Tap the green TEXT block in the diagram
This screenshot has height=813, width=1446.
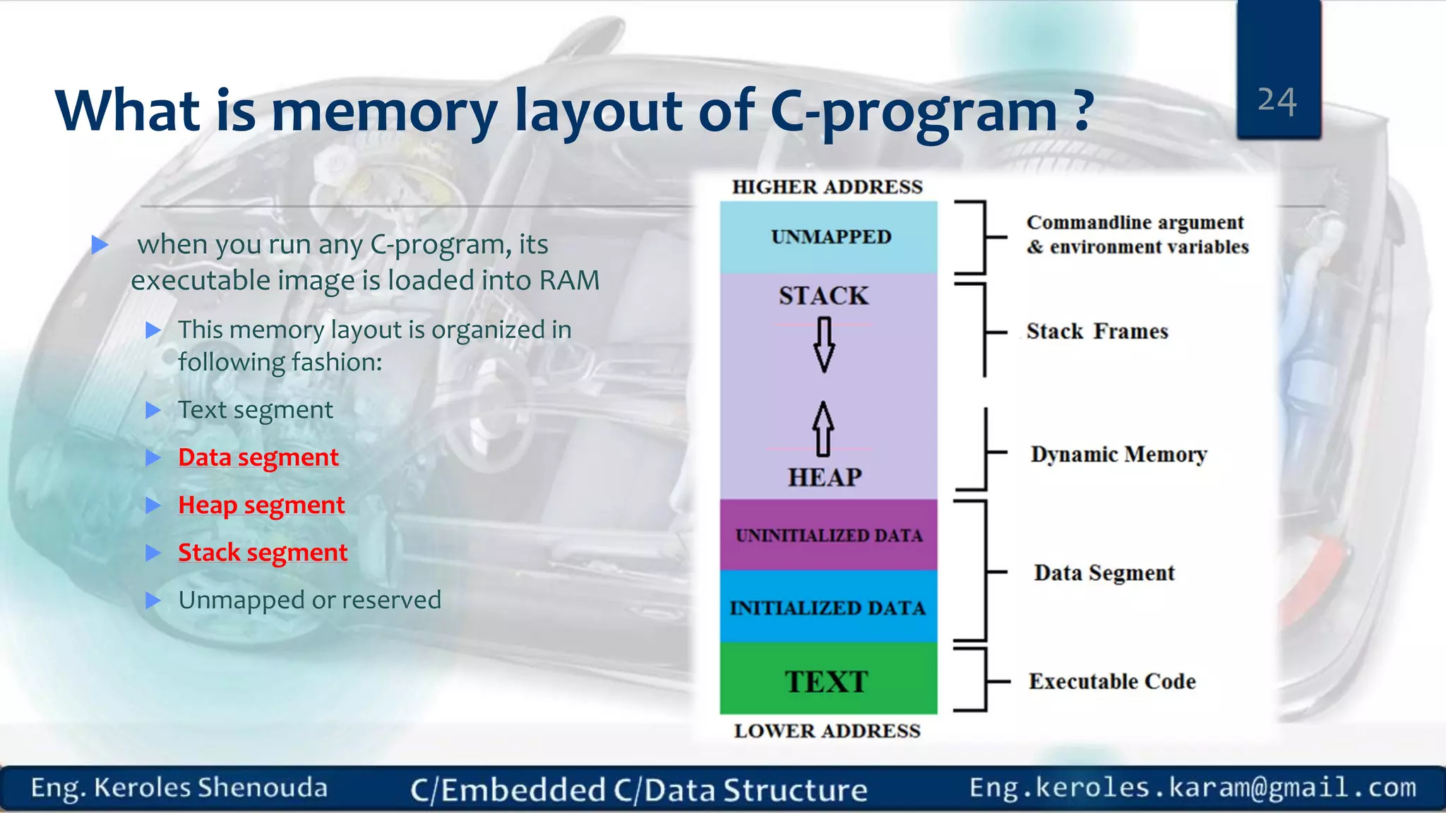point(827,680)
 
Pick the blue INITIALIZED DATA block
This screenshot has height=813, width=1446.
point(827,607)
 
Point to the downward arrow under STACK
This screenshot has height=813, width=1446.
point(824,344)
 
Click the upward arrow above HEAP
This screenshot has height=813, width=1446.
point(823,428)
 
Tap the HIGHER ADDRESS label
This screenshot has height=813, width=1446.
point(827,187)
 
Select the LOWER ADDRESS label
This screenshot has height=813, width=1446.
point(827,730)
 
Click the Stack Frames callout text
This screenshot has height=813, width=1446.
point(1097,331)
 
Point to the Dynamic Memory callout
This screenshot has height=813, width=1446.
point(1118,454)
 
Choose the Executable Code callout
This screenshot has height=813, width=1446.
point(1112,681)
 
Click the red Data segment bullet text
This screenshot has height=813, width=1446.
point(258,457)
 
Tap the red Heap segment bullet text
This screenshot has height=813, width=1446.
point(261,505)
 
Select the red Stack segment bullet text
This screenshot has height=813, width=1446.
point(263,552)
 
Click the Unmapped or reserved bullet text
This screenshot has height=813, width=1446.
point(309,600)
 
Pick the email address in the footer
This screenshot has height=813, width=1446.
point(1193,787)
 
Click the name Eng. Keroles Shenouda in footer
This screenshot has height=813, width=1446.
point(179,788)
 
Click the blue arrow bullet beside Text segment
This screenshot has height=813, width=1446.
point(153,410)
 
